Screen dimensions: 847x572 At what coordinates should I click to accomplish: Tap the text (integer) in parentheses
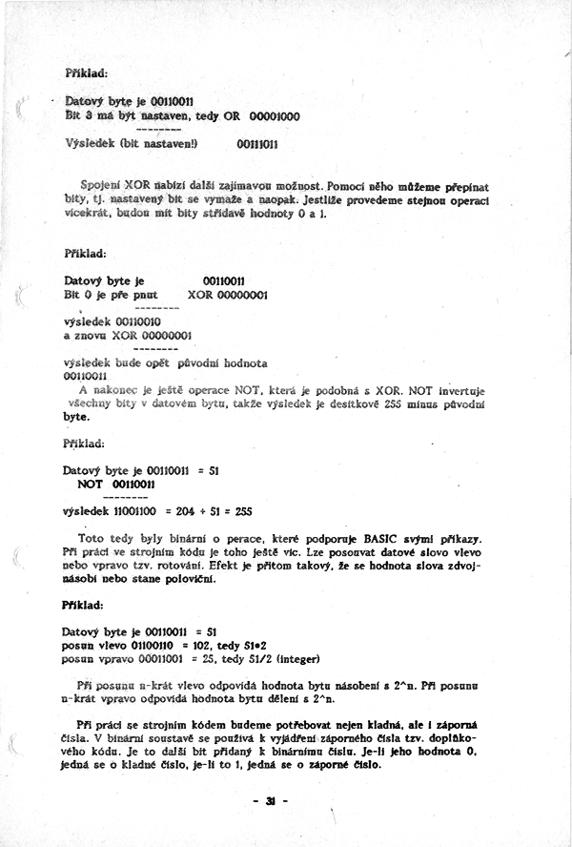pyautogui.click(x=303, y=657)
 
